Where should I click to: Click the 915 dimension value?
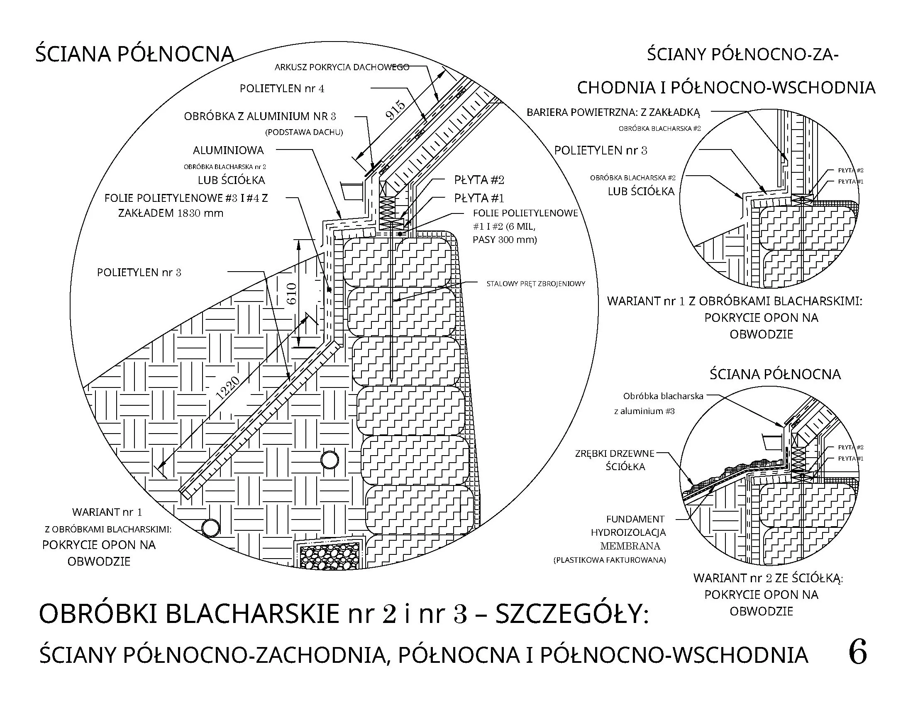click(x=395, y=110)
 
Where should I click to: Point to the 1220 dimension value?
click(x=228, y=388)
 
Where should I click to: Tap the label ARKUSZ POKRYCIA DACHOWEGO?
click(x=342, y=67)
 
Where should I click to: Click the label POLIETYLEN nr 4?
click(x=282, y=89)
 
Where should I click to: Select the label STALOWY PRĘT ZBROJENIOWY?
click(x=535, y=284)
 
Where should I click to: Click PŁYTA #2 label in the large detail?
click(x=479, y=180)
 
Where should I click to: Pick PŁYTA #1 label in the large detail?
click(x=479, y=198)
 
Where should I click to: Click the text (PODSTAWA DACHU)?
click(x=304, y=132)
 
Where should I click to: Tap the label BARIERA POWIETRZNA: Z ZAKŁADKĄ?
click(x=613, y=112)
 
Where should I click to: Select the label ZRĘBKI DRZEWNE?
click(x=615, y=454)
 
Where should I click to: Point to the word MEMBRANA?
click(x=630, y=546)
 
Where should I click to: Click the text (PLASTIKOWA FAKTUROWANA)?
click(x=610, y=560)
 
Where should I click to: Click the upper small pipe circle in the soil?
click(x=330, y=460)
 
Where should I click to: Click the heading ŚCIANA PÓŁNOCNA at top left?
click(x=134, y=54)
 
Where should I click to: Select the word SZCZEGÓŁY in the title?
click(x=571, y=614)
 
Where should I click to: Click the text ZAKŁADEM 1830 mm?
click(x=171, y=213)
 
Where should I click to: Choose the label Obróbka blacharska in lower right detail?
click(x=663, y=396)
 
